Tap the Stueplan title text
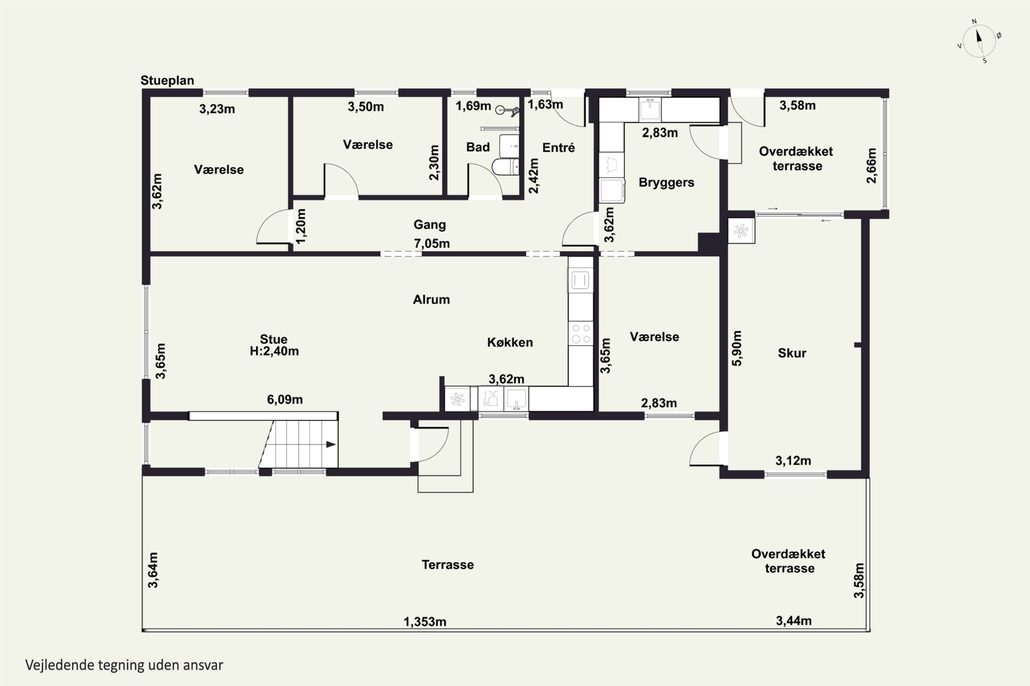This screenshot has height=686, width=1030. (167, 81)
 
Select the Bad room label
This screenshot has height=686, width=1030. (478, 147)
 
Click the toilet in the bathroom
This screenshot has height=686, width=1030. (505, 167)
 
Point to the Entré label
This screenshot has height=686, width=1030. (558, 147)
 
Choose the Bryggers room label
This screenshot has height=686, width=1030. (666, 182)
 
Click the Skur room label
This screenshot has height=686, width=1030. (792, 353)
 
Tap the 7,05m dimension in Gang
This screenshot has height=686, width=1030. (432, 244)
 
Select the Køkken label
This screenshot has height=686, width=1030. (510, 342)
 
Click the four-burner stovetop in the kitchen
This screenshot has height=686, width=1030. (581, 334)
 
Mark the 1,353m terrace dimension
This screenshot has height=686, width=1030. (425, 622)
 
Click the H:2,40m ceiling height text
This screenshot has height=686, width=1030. (274, 351)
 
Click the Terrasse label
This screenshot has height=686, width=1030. (448, 565)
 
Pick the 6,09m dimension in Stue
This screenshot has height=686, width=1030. (285, 400)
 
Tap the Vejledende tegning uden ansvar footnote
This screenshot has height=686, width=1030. (124, 665)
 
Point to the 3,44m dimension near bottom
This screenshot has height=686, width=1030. (793, 621)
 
